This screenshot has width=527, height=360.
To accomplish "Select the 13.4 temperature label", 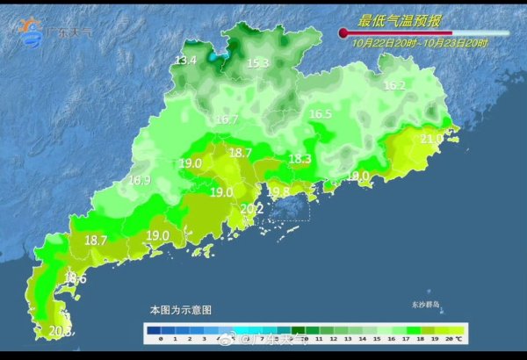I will click(185, 61).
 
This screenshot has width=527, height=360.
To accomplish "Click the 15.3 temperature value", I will click(256, 63).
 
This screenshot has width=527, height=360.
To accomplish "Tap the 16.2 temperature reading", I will click(394, 86).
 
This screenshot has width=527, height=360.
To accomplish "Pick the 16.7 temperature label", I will click(227, 119).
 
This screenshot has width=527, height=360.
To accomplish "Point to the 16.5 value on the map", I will click(320, 114).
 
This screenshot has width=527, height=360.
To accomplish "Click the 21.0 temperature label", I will click(431, 139).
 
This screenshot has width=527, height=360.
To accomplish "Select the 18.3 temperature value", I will click(300, 159).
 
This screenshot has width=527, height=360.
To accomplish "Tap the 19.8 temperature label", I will click(278, 191).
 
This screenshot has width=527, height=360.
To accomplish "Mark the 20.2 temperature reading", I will click(251, 208).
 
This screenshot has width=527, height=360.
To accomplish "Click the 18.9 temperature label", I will click(140, 180).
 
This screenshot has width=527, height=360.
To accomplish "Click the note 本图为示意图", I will click(180, 310).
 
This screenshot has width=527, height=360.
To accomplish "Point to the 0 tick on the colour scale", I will click(162, 338).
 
